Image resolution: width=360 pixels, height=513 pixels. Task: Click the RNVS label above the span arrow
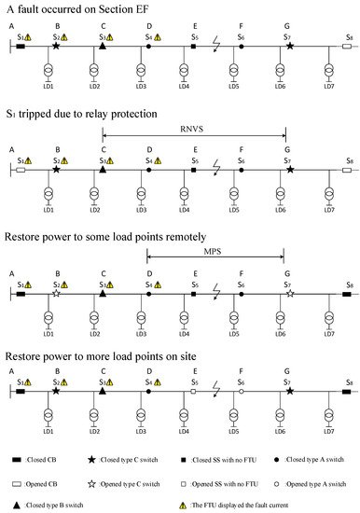(x=195, y=127)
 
